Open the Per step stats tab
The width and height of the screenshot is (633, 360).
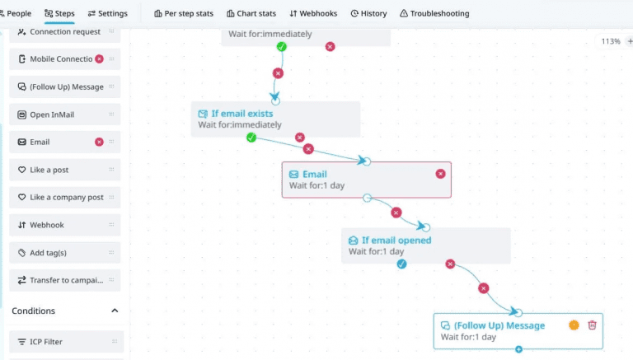[x=184, y=13]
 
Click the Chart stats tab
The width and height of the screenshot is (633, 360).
[x=251, y=13]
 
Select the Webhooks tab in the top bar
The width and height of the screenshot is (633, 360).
[x=313, y=13]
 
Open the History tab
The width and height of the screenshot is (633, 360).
[x=368, y=13]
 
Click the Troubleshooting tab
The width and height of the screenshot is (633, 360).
[x=434, y=13]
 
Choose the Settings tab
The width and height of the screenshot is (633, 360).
[x=107, y=13]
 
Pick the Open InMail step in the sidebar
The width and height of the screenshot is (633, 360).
[x=64, y=115]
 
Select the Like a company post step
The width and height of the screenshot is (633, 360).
[x=64, y=198]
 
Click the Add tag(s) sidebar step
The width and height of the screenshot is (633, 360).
[x=64, y=253]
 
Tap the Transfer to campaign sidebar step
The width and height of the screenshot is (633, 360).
[x=64, y=280]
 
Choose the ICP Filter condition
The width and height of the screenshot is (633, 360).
[x=66, y=342]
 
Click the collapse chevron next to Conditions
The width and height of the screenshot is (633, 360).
[x=115, y=311]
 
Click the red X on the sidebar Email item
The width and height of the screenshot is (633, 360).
[x=99, y=142]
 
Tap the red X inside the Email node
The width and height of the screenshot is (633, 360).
[x=440, y=174]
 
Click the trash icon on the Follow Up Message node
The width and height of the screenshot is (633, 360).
[x=592, y=325]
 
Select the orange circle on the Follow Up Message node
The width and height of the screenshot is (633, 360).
[x=574, y=325]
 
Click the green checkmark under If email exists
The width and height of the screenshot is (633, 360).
[x=251, y=138]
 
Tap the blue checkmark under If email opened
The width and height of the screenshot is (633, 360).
[x=401, y=264]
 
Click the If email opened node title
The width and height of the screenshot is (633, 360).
[x=396, y=240]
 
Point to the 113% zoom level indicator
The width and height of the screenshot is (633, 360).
[x=611, y=41]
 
